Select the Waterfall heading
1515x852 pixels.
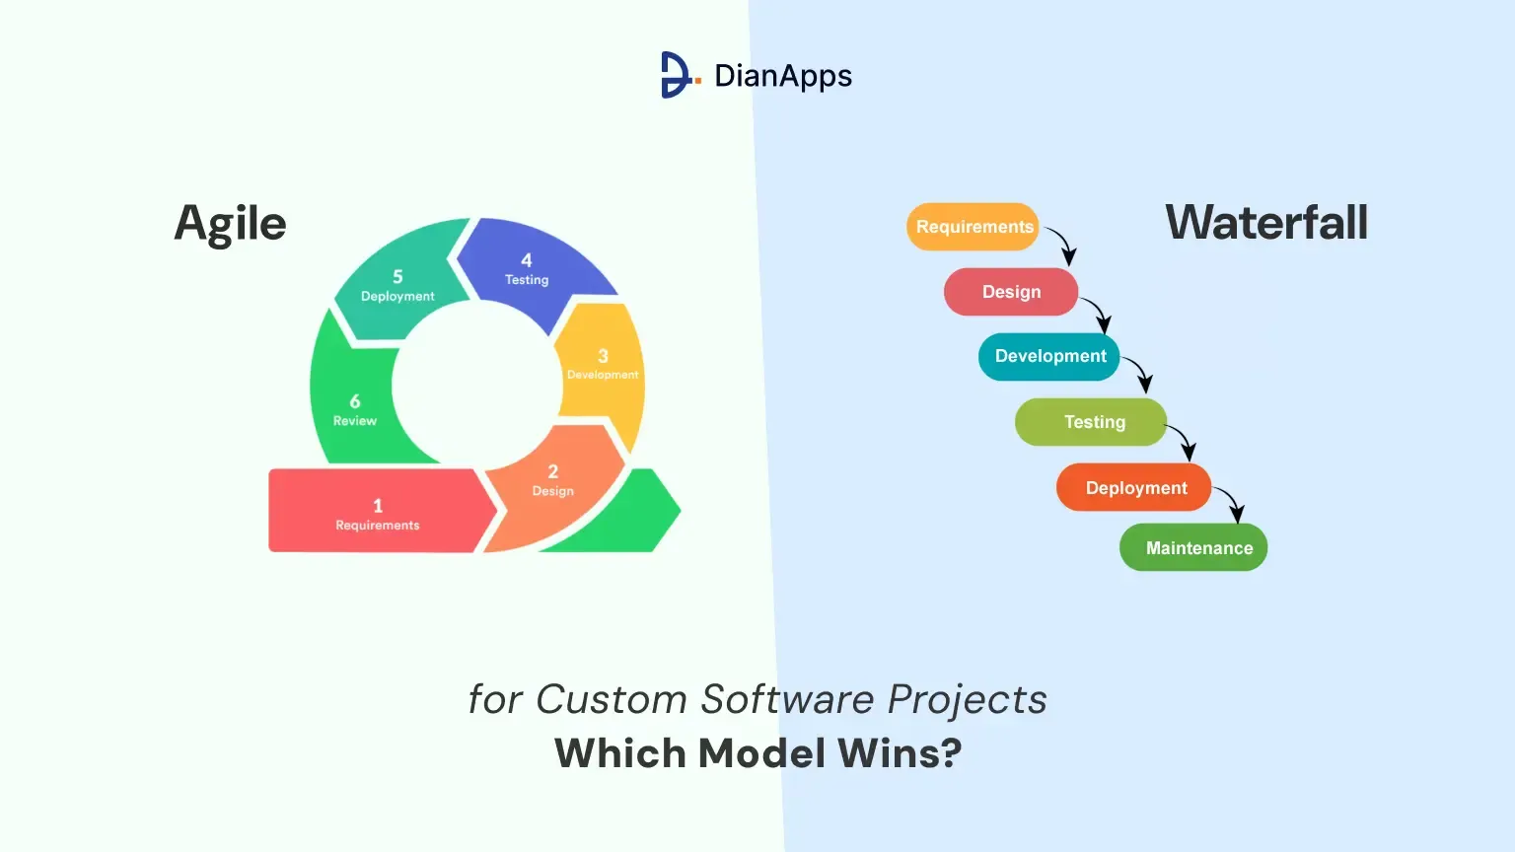(x=1266, y=223)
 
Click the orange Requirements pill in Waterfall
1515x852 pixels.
(x=973, y=227)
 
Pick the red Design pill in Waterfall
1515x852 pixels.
(x=1010, y=292)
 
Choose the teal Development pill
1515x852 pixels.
(x=1049, y=356)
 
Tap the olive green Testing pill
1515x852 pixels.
(x=1091, y=422)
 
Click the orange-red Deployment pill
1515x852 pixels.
(x=1133, y=487)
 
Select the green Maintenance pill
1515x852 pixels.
(x=1193, y=547)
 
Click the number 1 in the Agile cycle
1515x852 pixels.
(x=378, y=506)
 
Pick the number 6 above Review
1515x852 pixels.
(x=355, y=401)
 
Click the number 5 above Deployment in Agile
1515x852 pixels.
(x=397, y=276)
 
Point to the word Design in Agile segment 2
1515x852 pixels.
(x=552, y=491)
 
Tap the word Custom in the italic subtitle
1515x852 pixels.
(x=612, y=699)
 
